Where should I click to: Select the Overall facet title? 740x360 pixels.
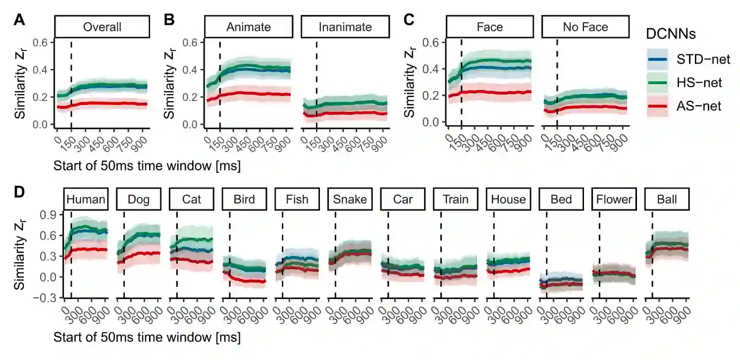click(102, 27)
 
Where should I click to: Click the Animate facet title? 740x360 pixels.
click(248, 27)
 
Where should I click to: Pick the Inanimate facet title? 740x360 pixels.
click(345, 27)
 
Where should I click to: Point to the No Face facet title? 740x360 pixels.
click(585, 27)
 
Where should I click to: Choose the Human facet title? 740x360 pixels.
click(86, 200)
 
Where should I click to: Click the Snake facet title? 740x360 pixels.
click(350, 200)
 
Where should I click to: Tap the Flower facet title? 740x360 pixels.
click(614, 200)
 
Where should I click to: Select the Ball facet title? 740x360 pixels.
click(667, 200)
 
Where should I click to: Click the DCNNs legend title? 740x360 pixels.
click(671, 34)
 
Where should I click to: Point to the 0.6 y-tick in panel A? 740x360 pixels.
click(41, 42)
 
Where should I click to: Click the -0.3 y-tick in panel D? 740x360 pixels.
click(48, 298)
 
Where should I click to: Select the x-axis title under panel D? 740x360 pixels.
click(147, 338)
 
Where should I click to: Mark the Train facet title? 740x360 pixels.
click(456, 200)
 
